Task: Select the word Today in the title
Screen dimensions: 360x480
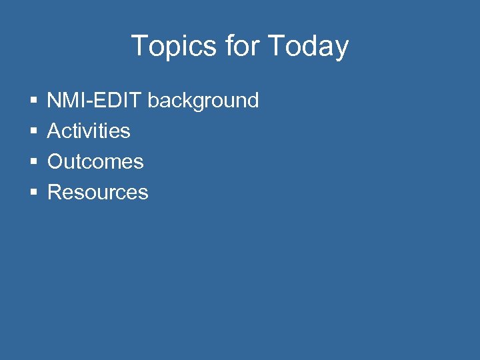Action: coord(308,47)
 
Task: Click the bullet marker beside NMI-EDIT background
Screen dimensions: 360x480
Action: coord(33,101)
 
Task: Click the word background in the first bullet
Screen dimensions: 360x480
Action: coord(203,101)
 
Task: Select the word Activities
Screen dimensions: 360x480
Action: coord(89,131)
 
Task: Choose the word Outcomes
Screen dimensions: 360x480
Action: coord(95,161)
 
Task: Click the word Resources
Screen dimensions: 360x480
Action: coord(98,193)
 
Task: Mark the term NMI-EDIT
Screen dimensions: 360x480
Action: coord(95,101)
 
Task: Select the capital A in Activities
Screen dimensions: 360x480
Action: coord(54,131)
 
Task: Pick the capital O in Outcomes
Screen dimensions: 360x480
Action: coord(55,161)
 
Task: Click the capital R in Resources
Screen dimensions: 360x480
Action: coord(55,193)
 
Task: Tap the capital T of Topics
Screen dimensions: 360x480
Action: coord(139,46)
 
